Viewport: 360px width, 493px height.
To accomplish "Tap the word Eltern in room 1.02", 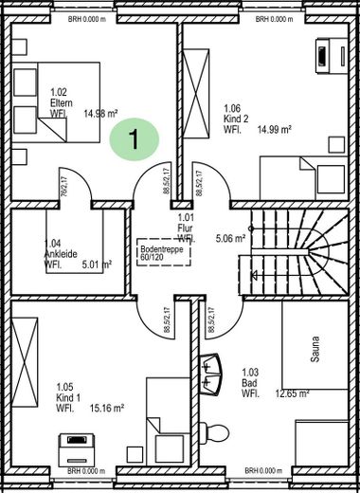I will tap(62, 102).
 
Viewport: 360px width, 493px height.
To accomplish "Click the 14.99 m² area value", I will tap(271, 129).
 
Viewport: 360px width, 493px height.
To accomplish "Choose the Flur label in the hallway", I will tap(185, 228).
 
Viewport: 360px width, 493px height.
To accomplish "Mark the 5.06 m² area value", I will tap(231, 238).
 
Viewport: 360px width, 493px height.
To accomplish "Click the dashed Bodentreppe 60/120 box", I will tap(157, 251).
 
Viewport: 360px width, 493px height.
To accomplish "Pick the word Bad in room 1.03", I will tap(247, 383).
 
